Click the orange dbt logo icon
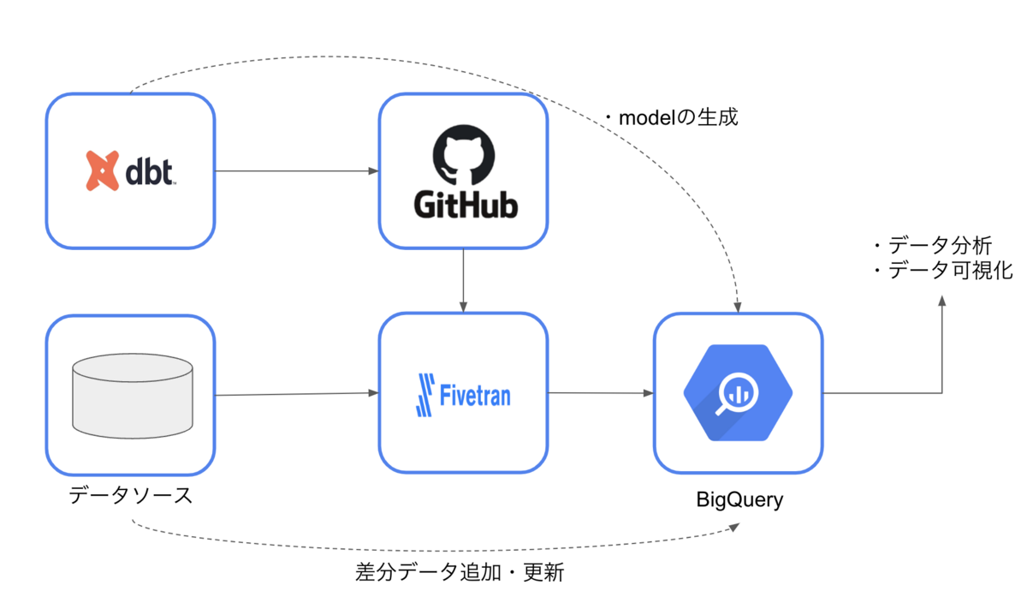point(102,170)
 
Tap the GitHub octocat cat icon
point(463,154)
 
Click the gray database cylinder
point(133,395)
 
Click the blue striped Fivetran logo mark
point(425,396)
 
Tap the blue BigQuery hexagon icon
point(738,393)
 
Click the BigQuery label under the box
point(739,500)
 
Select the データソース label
point(131,494)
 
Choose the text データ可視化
point(943,271)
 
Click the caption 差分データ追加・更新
point(460,572)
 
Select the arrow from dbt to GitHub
point(296,171)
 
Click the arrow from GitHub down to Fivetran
point(463,279)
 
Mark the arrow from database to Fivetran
point(296,394)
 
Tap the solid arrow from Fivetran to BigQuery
point(599,393)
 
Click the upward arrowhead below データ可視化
point(942,302)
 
